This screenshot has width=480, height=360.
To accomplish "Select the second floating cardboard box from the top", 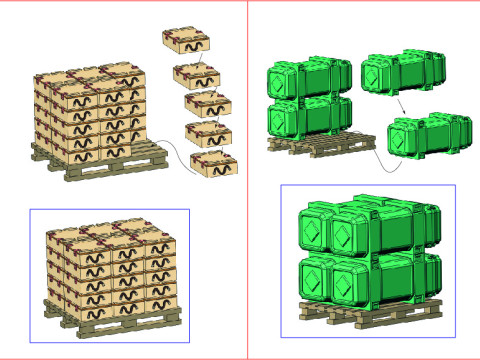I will coord(196,75).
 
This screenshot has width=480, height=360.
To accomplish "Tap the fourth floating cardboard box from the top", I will coord(209,134).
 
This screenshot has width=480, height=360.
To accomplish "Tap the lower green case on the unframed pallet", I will coord(308,117).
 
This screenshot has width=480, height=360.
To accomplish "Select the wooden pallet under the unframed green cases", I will coord(322,151).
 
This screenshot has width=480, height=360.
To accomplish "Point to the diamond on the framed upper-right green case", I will coord(349,236).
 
